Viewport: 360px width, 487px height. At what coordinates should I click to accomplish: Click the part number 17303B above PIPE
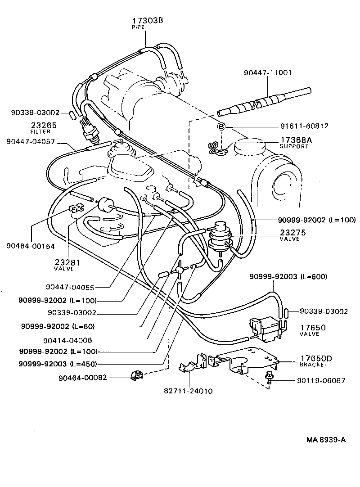click(x=147, y=21)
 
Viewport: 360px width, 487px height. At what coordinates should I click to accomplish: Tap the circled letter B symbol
click(x=221, y=126)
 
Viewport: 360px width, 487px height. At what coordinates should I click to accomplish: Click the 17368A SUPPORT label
click(x=296, y=143)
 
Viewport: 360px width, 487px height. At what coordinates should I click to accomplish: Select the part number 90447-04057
click(x=31, y=141)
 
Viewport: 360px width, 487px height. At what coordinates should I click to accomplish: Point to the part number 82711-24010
click(x=188, y=391)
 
